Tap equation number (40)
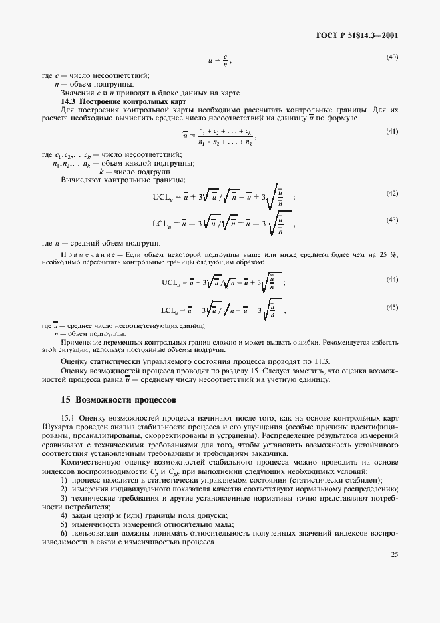392,57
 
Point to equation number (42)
392,193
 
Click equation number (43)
392,220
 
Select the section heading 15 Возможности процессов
118,401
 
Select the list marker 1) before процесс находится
64,481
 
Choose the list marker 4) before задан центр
64,516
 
